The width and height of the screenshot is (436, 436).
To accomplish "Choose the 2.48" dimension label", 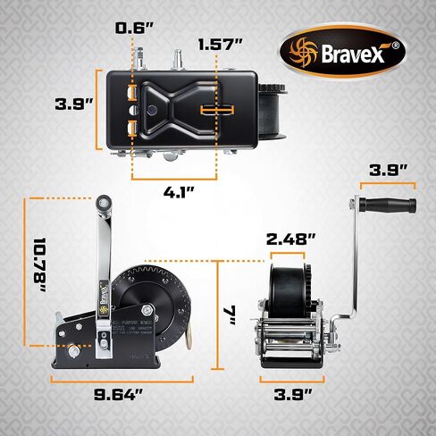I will click(292, 239).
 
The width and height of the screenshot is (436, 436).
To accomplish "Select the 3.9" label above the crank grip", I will click(390, 168).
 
